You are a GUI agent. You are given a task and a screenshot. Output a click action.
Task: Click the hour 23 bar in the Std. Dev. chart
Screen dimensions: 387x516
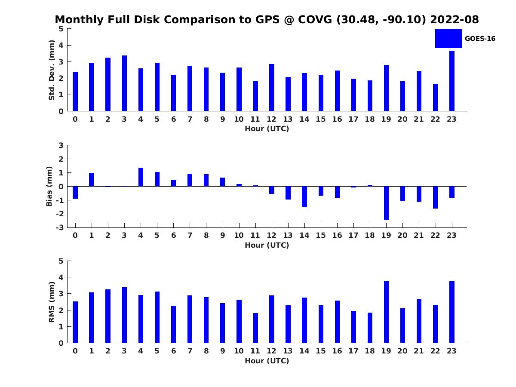point(452,81)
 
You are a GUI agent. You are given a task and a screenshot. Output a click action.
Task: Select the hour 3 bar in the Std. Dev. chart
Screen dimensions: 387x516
point(124,83)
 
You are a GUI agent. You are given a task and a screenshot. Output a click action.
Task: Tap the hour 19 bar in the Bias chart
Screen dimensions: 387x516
point(386,203)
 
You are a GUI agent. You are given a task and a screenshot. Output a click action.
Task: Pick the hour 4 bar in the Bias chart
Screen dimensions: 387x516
point(141,177)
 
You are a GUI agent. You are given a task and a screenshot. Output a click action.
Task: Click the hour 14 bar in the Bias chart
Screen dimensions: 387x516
point(304,197)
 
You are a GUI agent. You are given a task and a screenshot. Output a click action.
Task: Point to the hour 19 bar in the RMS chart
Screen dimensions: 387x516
point(386,312)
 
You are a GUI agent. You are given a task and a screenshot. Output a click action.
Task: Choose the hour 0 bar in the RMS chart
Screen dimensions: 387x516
point(75,322)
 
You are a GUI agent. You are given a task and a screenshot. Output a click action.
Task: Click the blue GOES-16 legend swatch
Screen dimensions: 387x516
point(448,38)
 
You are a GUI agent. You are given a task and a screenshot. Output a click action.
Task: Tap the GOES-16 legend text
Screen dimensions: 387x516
point(480,39)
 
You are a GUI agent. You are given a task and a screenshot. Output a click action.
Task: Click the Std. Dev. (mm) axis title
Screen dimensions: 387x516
point(52,70)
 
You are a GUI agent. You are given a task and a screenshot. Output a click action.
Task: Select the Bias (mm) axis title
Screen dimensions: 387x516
point(49,186)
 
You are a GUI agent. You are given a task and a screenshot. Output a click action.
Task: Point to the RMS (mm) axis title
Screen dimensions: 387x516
point(52,302)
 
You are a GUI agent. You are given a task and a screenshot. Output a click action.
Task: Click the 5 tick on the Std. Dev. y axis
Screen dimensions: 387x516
point(61,29)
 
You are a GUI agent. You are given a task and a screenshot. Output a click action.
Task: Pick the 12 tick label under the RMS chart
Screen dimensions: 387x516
point(271,351)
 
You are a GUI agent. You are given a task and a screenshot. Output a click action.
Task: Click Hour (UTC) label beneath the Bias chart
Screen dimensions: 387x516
point(267,245)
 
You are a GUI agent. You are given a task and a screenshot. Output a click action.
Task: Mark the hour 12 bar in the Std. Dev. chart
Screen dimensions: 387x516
point(272,88)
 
